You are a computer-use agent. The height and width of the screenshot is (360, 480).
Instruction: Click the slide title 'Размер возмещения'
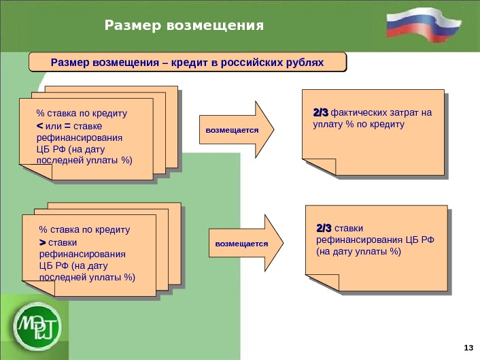point(184,27)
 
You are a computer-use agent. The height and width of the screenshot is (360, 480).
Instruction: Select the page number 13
point(467,349)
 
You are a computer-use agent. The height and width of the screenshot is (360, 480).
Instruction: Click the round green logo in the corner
point(38,328)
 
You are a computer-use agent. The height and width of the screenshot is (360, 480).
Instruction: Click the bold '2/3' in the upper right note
point(320,112)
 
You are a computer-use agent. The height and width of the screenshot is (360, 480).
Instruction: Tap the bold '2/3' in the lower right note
point(324,227)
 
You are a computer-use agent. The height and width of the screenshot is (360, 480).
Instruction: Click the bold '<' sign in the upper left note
point(39,126)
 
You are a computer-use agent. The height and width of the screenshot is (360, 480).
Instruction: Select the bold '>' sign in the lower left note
point(42,242)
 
